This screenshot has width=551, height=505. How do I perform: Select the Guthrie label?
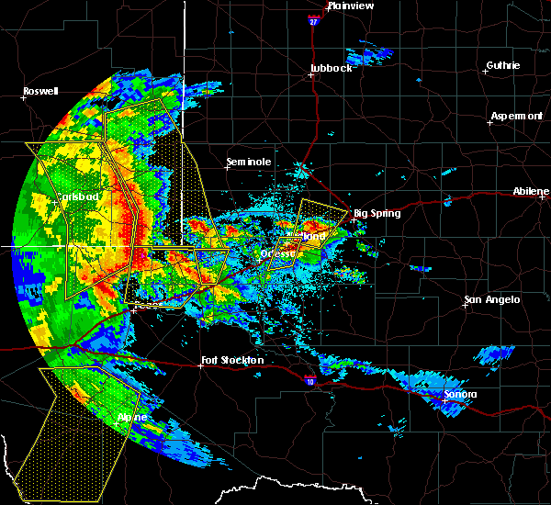[x=502, y=65]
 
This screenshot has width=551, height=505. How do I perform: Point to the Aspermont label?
[x=516, y=116]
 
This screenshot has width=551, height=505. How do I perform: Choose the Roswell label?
[x=40, y=92]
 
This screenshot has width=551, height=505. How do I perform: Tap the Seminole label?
[x=249, y=163]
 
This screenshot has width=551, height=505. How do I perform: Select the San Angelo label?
[x=492, y=299]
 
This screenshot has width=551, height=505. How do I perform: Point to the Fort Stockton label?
[x=232, y=361]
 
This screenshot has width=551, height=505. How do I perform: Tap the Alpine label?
[x=131, y=417]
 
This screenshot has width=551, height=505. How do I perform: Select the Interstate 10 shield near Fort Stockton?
[x=309, y=377]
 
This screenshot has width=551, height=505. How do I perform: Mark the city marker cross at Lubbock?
[x=310, y=75]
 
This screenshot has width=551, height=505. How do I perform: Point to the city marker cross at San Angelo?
[x=465, y=306]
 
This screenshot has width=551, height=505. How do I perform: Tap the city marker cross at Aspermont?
[x=489, y=122]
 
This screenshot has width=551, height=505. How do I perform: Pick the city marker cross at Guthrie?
[x=485, y=72]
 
